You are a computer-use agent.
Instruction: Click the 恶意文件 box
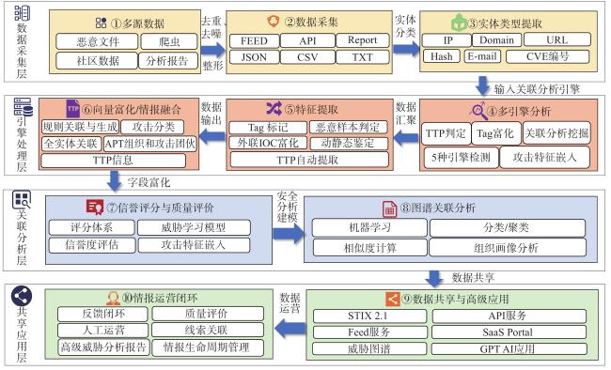[x=97, y=41]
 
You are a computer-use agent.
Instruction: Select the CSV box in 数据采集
[x=307, y=57]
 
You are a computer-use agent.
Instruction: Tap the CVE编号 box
[x=547, y=56]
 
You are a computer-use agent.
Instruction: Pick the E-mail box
[x=482, y=56]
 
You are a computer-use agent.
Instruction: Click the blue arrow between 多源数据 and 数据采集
[x=212, y=50]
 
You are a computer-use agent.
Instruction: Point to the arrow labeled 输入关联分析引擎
[x=482, y=85]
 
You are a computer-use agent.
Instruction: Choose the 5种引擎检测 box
[x=461, y=158]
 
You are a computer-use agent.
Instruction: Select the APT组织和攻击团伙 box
[x=150, y=144]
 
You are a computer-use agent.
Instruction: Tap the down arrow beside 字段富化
[x=115, y=180]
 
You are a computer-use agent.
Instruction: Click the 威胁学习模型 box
[x=194, y=227]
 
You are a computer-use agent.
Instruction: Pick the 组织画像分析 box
[x=508, y=248]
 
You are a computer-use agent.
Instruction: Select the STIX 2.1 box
[x=369, y=316]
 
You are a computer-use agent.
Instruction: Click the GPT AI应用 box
[x=509, y=348]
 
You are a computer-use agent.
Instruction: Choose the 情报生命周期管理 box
[x=208, y=347]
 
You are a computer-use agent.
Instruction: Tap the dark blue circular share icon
[x=22, y=296]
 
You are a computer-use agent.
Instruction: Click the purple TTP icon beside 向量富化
[x=73, y=109]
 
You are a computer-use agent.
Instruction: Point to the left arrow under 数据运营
[x=290, y=329]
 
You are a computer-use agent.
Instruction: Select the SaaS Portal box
[x=509, y=332]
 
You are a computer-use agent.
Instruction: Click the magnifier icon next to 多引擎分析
[x=478, y=111]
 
